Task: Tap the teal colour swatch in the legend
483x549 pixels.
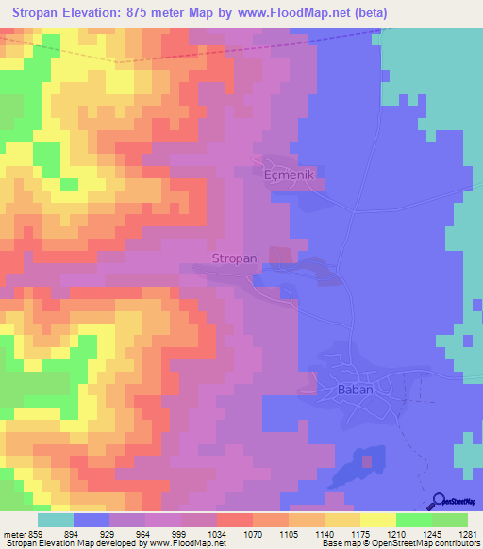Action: coord(56,520)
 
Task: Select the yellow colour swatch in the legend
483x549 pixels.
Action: coord(378,520)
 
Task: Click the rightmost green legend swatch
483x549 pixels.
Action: coord(450,520)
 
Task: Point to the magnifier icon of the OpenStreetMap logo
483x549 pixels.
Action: coord(441,502)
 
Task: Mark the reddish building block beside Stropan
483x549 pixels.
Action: coord(281,256)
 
